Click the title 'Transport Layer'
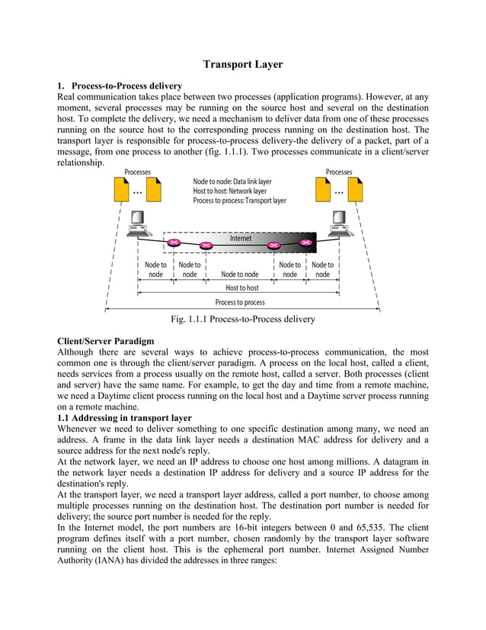pos(243,65)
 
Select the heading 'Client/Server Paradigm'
pos(106,340)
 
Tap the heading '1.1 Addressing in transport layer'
pos(125,418)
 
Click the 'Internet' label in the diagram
pos(241,239)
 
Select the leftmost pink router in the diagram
pos(174,243)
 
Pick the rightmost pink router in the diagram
pos(307,243)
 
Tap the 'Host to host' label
pos(241,288)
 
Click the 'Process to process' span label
pos(241,303)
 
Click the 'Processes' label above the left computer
pos(137,172)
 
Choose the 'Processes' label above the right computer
pos(339,172)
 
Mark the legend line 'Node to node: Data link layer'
pos(232,182)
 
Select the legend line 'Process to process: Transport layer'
pos(240,201)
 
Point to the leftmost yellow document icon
pos(120,189)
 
